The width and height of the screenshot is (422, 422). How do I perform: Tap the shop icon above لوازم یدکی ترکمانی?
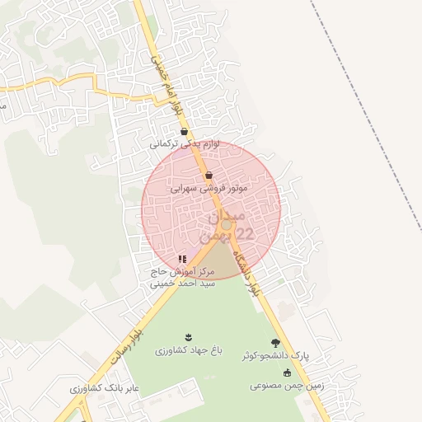184,131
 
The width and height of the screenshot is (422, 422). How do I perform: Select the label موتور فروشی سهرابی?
209,188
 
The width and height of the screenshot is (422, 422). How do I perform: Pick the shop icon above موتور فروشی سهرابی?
209,176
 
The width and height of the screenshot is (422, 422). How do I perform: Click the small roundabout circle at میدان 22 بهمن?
226,224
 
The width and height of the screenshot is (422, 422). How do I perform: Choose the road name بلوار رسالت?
127,345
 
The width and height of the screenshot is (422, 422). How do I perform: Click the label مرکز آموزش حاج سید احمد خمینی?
182,276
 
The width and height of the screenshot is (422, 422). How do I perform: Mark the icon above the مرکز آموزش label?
182,259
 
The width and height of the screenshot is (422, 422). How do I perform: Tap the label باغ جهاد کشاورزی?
189,350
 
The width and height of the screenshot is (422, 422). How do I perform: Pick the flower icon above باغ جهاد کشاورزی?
189,337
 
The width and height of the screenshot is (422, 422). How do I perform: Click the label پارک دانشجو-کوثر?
275,357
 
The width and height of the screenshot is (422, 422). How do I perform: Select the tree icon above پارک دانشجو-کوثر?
275,343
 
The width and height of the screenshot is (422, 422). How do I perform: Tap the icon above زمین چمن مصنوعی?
287,373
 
